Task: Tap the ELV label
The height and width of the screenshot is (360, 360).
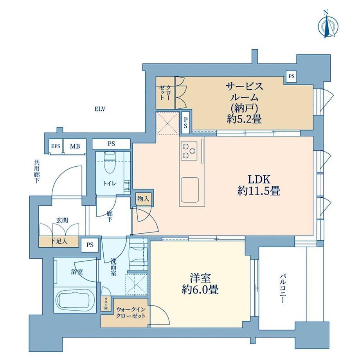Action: [100, 109]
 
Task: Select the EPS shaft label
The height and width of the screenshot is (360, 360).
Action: [56, 146]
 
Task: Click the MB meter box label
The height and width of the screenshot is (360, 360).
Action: [75, 146]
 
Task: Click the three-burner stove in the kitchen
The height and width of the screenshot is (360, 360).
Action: [189, 151]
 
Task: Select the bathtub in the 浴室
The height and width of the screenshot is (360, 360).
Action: [76, 300]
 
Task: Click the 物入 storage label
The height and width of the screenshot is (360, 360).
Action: [143, 199]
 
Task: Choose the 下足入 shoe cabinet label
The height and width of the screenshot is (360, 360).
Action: [59, 241]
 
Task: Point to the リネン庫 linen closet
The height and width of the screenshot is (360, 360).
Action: [106, 304]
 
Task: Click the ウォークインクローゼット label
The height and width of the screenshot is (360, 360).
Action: [131, 312]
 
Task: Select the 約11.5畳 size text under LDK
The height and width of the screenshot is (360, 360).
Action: [259, 191]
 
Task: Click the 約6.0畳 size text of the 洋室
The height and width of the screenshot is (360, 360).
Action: [200, 290]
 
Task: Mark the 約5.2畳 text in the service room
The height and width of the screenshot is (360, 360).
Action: [244, 119]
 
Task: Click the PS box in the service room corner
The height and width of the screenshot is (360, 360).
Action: [292, 76]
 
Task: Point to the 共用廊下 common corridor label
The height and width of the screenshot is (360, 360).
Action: [37, 171]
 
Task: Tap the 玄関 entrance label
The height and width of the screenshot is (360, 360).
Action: [62, 220]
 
